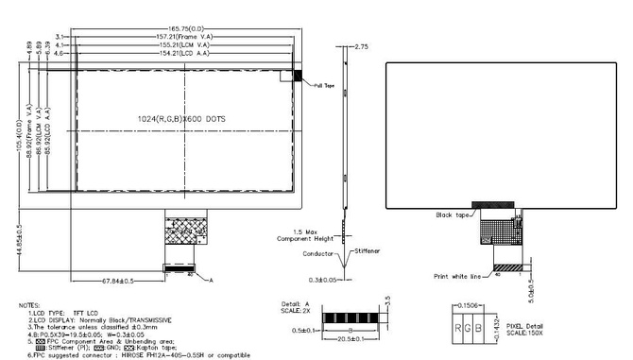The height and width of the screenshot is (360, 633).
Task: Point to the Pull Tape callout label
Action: click(x=325, y=87)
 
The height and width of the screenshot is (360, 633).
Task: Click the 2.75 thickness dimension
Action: click(x=361, y=45)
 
